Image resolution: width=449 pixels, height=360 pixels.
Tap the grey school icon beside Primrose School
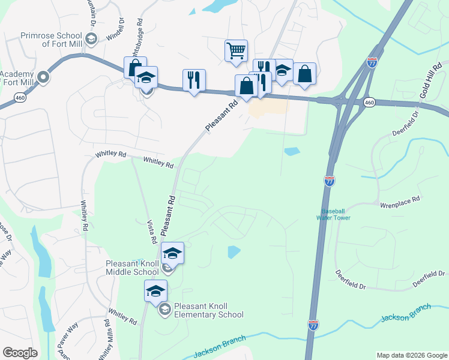(x=91, y=40)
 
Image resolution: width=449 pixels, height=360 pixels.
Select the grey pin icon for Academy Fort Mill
(x=43, y=77)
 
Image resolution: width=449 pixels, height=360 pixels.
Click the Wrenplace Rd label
(x=399, y=205)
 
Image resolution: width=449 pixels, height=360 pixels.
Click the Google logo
(x=20, y=353)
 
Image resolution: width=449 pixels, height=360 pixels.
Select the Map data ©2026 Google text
(x=411, y=355)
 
